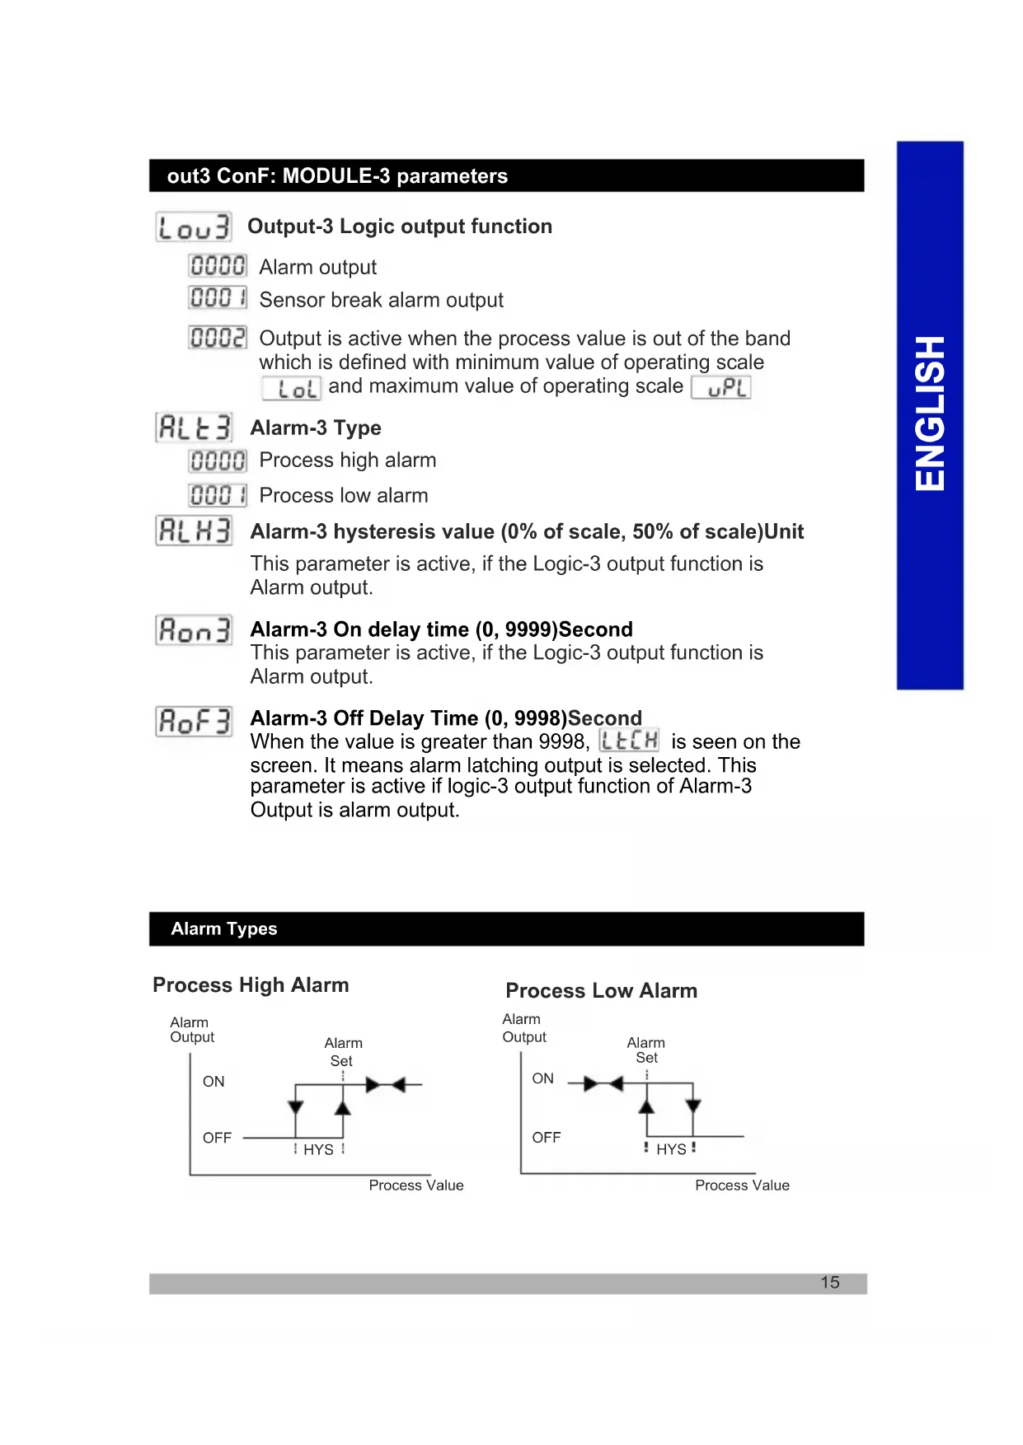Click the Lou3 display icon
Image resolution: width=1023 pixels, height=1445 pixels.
(x=194, y=227)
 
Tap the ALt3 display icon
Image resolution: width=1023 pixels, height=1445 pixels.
(x=195, y=428)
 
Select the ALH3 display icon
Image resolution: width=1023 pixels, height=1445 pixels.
(x=195, y=531)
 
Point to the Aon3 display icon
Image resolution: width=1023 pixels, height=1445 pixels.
(x=195, y=630)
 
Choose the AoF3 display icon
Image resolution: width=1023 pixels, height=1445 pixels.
(x=195, y=722)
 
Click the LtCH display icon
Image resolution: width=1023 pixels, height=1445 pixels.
(x=629, y=740)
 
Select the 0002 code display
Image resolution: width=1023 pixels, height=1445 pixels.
(x=218, y=338)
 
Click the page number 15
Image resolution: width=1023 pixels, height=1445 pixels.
(x=830, y=1283)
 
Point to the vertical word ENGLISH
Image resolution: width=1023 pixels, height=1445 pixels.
(x=930, y=414)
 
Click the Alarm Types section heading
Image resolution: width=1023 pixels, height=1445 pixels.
(x=224, y=929)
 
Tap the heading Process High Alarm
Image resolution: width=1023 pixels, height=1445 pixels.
(x=251, y=985)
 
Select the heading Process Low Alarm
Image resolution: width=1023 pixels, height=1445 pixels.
(x=601, y=991)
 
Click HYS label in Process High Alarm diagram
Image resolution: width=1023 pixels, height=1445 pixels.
(x=318, y=1150)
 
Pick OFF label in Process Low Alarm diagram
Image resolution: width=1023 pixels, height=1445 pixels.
(x=546, y=1138)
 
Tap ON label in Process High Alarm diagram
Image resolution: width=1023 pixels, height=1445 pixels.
(x=214, y=1082)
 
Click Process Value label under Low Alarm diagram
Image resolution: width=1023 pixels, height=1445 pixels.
(x=742, y=1185)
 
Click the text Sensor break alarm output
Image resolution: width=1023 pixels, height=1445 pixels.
(x=381, y=300)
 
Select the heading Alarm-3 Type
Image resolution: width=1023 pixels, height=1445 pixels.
(x=316, y=428)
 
